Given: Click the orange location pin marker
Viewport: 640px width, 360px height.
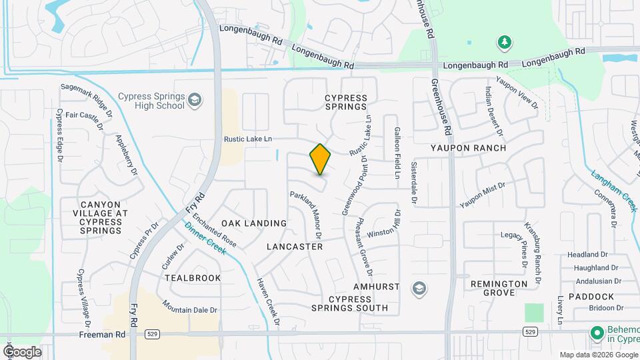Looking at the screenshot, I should coord(321,159).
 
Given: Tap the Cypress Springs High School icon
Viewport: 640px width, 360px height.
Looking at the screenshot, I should coord(195,101).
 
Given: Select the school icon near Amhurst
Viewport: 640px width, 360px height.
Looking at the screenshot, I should coord(420,288).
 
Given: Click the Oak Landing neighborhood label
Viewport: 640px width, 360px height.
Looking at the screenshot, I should coord(254,223).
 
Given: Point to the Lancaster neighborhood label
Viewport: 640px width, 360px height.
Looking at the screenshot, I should coord(295,247).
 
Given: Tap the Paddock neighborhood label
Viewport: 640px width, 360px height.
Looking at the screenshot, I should coord(591,296).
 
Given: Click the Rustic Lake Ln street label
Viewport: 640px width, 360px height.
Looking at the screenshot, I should coord(248,139).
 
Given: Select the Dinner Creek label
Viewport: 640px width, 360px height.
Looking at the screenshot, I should coord(205,237).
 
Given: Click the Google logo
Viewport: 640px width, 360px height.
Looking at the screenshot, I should coord(22,351).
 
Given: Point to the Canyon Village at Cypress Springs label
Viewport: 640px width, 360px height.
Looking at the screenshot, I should coord(101,218).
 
